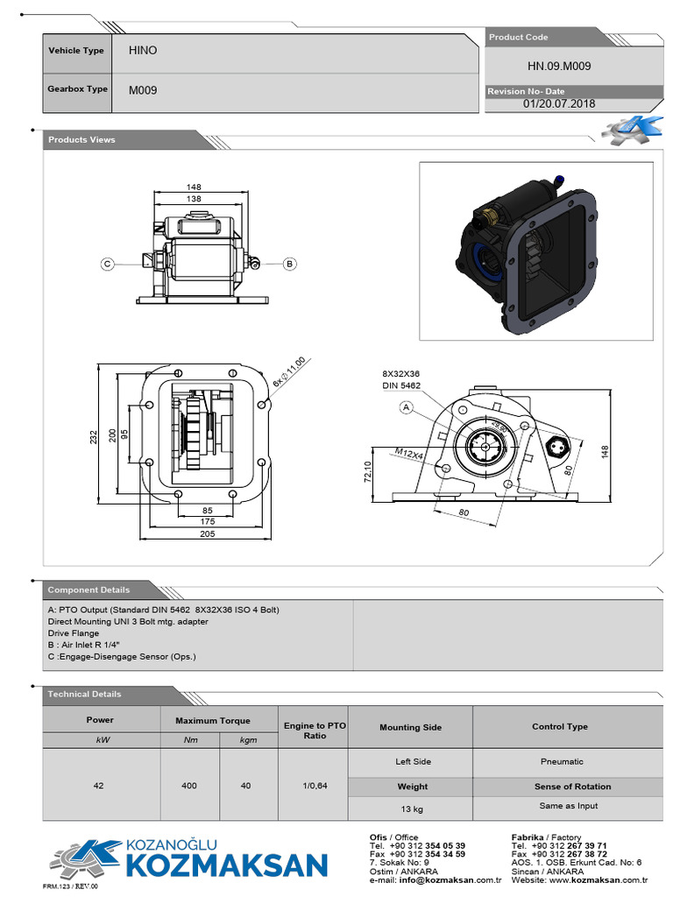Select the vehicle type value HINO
coord(143,51)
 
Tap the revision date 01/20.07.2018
coord(558,103)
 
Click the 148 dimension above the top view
coord(194,187)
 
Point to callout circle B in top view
coord(290,263)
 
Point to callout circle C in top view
coord(107,263)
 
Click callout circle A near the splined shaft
coord(406,406)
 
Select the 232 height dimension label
coord(94,435)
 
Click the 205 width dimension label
coord(207,533)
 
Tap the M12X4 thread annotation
coord(409,454)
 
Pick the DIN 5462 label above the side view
coord(400,385)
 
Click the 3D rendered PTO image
coord(535,251)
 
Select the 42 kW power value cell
coord(98,786)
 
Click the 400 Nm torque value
coord(189,786)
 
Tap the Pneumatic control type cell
coord(561,761)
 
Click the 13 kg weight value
coord(412,807)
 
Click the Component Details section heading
coord(89,590)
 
